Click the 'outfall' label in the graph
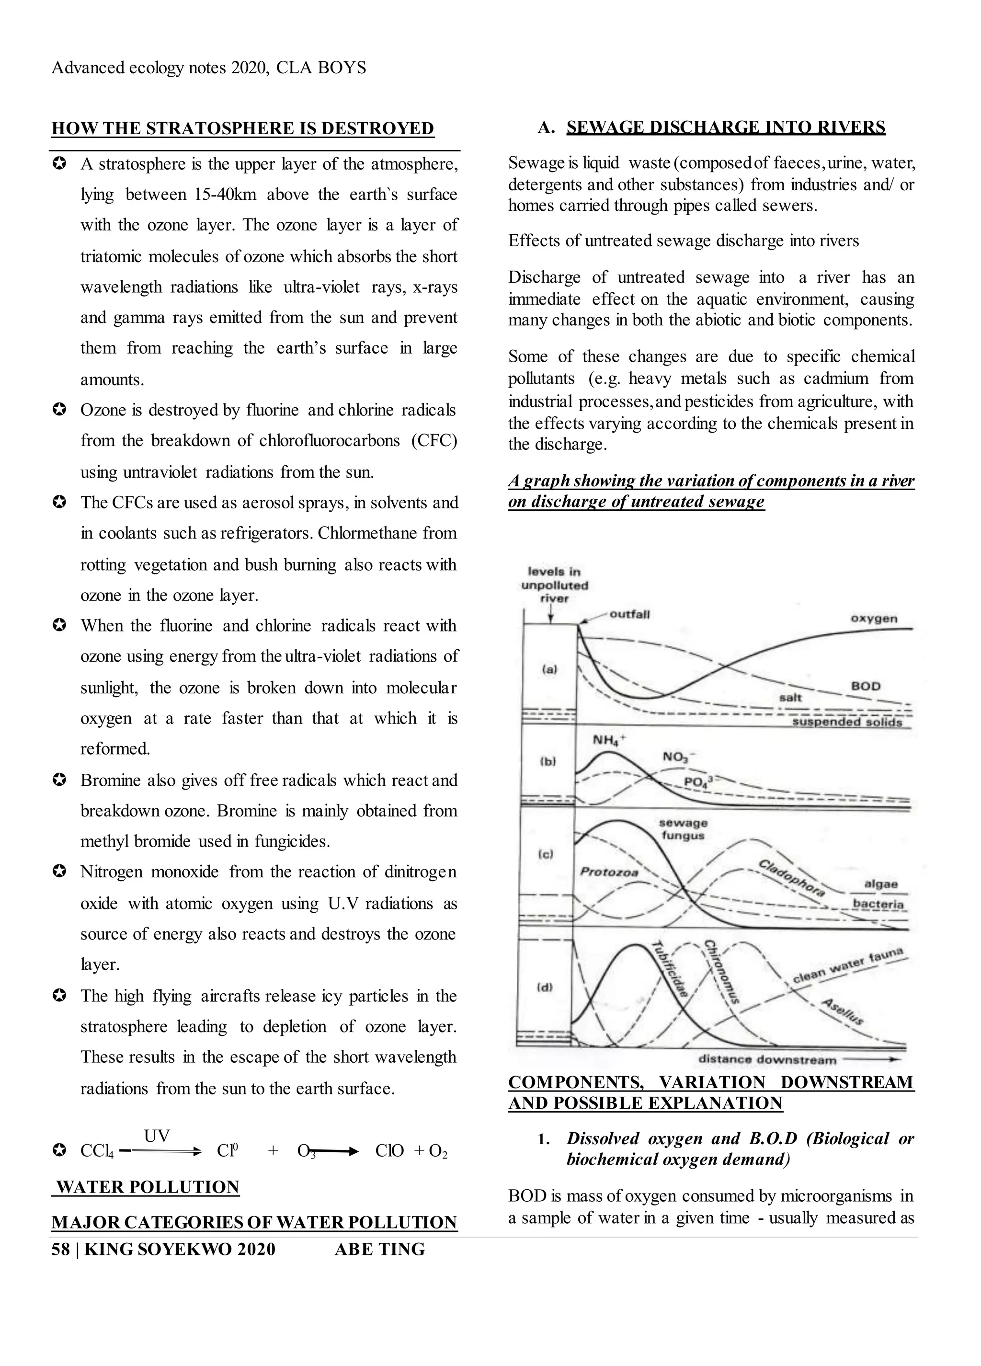click(x=629, y=614)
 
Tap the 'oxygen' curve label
click(x=874, y=619)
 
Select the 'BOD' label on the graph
click(x=866, y=686)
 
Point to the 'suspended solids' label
click(x=847, y=722)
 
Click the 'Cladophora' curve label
click(x=791, y=879)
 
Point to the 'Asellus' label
click(x=843, y=1012)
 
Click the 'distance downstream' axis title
click(x=767, y=1059)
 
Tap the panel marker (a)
click(x=549, y=668)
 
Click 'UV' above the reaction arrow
click(x=157, y=1136)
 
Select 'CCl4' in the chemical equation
click(x=96, y=1151)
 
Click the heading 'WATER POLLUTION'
click(x=148, y=1187)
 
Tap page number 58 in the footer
click(x=60, y=1249)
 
